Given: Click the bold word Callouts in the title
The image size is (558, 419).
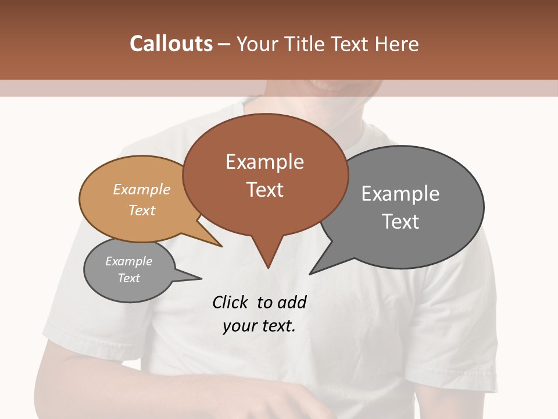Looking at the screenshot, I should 171,44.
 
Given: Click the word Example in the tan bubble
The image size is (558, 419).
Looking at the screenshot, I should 142,189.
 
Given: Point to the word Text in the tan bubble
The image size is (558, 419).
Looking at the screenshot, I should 142,210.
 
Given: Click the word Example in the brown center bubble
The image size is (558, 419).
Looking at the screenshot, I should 264,162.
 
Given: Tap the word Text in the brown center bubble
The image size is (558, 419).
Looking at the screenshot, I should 264,190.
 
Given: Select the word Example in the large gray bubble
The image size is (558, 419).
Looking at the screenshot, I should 400,194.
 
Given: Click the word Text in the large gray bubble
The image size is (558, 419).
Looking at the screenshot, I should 400,222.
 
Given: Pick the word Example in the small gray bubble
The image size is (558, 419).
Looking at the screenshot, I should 128,261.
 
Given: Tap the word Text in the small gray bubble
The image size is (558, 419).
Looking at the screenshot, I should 128,278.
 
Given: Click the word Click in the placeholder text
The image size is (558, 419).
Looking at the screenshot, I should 231,302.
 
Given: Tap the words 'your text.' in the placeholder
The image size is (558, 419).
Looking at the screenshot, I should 259,326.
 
